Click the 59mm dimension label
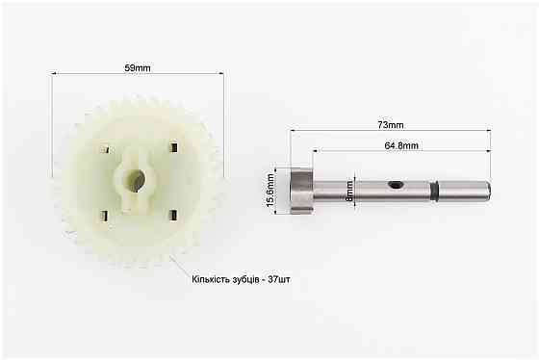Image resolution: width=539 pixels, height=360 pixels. (x=138, y=67)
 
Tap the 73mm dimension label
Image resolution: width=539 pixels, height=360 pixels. (x=391, y=125)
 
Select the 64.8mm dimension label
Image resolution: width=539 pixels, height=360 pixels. (x=401, y=145)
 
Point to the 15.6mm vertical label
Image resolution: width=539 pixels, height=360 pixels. (x=270, y=191)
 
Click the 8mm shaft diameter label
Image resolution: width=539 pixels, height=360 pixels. (x=349, y=192)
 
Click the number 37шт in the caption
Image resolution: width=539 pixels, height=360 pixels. (x=279, y=279)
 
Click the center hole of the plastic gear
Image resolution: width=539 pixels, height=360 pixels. (x=135, y=181)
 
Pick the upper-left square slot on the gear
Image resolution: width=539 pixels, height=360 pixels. (x=105, y=149)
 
